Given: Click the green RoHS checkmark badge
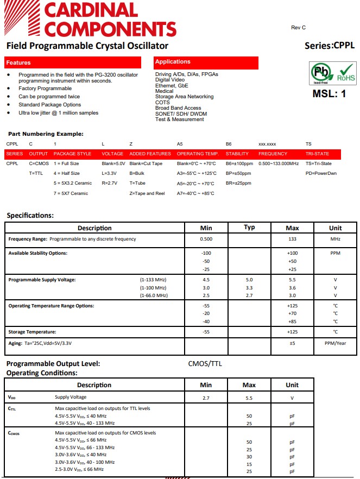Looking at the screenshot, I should (x=346, y=73).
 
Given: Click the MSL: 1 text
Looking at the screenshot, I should (x=329, y=93).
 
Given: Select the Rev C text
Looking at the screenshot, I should (x=298, y=27).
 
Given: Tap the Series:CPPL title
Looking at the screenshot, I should (x=330, y=46).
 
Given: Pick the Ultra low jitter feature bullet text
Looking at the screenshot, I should (x=59, y=113).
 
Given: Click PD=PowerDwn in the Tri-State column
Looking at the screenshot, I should (x=321, y=173).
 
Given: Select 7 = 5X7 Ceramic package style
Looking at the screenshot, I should (x=71, y=193).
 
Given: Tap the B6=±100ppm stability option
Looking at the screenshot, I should (x=239, y=163).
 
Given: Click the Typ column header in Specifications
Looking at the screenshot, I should (x=249, y=228).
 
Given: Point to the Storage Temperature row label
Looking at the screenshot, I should (x=32, y=332).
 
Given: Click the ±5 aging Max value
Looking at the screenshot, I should (x=292, y=343).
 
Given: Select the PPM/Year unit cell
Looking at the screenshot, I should (x=335, y=343).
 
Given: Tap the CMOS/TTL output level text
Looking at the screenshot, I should (x=205, y=364).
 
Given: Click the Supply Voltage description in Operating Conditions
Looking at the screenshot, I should (x=71, y=398).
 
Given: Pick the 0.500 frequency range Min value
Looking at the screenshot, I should (x=206, y=239).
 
